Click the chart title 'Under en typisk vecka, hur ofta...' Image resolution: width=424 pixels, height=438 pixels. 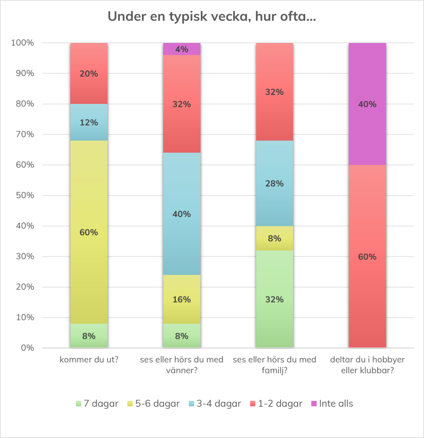pyautogui.click(x=212, y=17)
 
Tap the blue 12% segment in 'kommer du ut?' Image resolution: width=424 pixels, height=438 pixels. pyautogui.click(x=89, y=122)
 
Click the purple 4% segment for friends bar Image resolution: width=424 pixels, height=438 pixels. pyautogui.click(x=182, y=49)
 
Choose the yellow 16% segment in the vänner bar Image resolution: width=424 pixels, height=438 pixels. pyautogui.click(x=182, y=299)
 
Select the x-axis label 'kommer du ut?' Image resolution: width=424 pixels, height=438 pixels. pyautogui.click(x=89, y=360)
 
